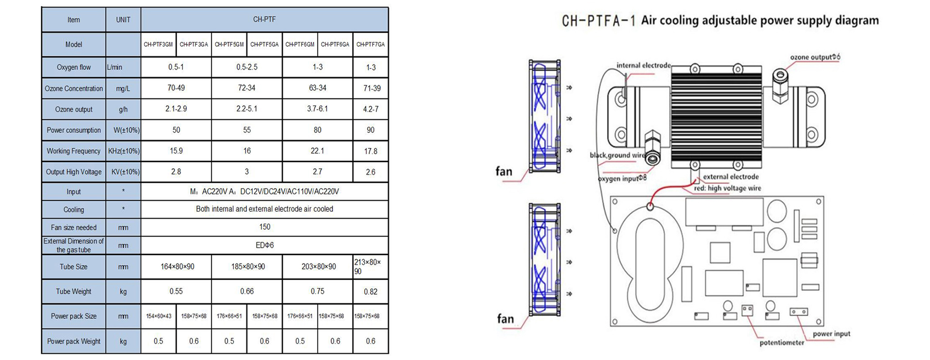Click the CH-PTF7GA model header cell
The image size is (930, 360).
[x=371, y=45]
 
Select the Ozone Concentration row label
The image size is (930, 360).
[x=74, y=89]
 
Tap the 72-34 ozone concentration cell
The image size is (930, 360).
[x=247, y=88]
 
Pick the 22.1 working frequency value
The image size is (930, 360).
[x=317, y=151]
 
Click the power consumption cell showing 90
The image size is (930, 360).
[x=371, y=130]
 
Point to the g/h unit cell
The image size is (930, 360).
[x=123, y=110]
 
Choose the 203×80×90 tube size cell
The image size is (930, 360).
[x=318, y=266]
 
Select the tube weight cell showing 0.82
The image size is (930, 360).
[x=371, y=292]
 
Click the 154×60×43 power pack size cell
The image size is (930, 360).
[x=158, y=316]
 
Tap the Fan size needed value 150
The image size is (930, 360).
[x=264, y=227]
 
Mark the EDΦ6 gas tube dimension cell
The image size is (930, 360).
[x=264, y=245]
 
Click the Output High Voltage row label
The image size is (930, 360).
[x=74, y=172]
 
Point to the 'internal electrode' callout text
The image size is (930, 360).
[x=644, y=65]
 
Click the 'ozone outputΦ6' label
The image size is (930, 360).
[x=815, y=57]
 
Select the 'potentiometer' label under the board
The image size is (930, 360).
[x=782, y=343]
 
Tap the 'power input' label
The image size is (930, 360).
[x=831, y=334]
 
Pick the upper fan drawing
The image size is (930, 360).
[x=544, y=117]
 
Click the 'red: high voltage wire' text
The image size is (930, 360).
[x=728, y=188]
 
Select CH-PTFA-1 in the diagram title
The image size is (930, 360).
[x=598, y=21]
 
